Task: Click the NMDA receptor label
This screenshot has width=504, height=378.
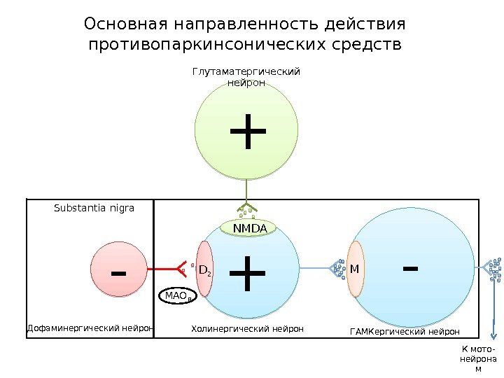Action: click(250, 228)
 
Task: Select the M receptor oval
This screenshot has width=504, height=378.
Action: click(355, 269)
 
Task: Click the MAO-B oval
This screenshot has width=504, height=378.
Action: click(178, 297)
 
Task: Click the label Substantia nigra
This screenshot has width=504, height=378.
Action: click(94, 208)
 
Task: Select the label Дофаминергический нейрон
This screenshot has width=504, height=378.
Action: click(90, 328)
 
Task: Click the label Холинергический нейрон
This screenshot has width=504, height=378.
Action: click(247, 328)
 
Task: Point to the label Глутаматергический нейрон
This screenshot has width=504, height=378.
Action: click(246, 77)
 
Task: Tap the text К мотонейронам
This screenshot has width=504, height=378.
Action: click(479, 359)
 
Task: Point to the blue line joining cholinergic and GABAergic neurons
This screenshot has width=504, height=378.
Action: click(318, 268)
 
